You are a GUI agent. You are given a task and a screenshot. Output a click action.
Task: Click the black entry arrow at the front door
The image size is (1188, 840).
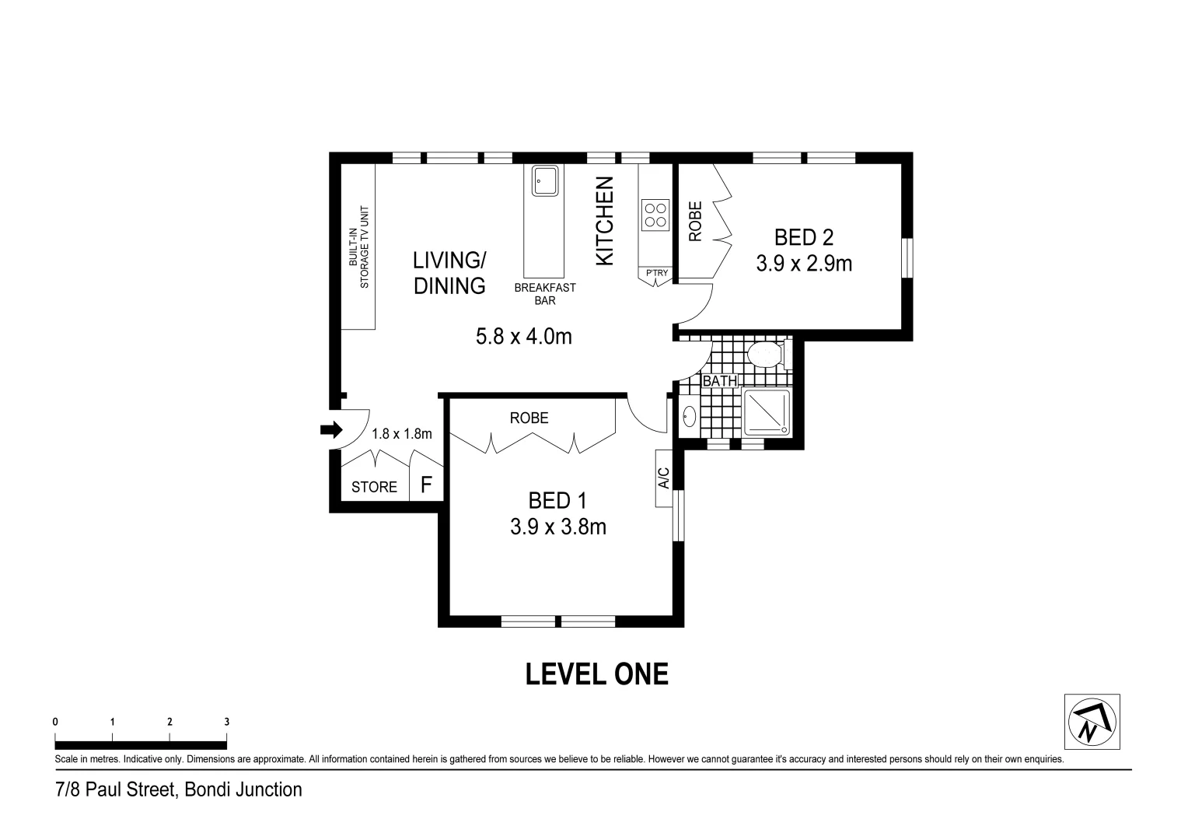330,429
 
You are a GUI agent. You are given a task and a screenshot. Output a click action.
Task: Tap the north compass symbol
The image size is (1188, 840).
1091,722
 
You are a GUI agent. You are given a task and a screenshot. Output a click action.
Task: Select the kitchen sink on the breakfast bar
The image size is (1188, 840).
544,181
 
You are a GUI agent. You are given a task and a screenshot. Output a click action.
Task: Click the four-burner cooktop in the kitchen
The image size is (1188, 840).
655,215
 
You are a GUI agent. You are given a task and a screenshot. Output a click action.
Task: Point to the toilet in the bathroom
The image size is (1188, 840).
765,355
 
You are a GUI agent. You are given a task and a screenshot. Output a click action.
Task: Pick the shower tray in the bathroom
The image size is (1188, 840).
767,412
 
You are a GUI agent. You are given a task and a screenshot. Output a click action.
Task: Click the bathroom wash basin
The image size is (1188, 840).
689,417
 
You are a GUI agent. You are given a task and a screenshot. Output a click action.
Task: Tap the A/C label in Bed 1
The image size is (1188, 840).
663,478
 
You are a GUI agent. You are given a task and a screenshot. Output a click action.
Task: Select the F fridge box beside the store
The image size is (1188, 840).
426,485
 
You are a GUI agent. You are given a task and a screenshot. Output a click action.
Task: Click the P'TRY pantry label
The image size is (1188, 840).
656,273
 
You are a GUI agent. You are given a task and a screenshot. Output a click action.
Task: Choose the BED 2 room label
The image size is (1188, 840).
804,237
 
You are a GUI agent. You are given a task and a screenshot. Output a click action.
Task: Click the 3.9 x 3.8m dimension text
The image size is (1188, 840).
557,527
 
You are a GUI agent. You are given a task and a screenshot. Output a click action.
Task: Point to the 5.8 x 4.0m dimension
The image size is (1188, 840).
523,336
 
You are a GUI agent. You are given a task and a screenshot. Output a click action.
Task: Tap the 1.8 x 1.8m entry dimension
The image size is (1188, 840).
401,434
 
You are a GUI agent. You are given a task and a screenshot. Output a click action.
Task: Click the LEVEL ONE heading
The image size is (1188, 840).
596,674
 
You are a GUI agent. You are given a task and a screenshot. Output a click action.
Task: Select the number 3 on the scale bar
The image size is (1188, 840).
227,722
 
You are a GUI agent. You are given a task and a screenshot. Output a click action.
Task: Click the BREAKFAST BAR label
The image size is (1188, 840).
545,294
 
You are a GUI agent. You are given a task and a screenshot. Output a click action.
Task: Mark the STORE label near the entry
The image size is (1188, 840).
374,487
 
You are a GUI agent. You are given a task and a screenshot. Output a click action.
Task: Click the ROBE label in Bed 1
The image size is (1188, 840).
529,418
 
